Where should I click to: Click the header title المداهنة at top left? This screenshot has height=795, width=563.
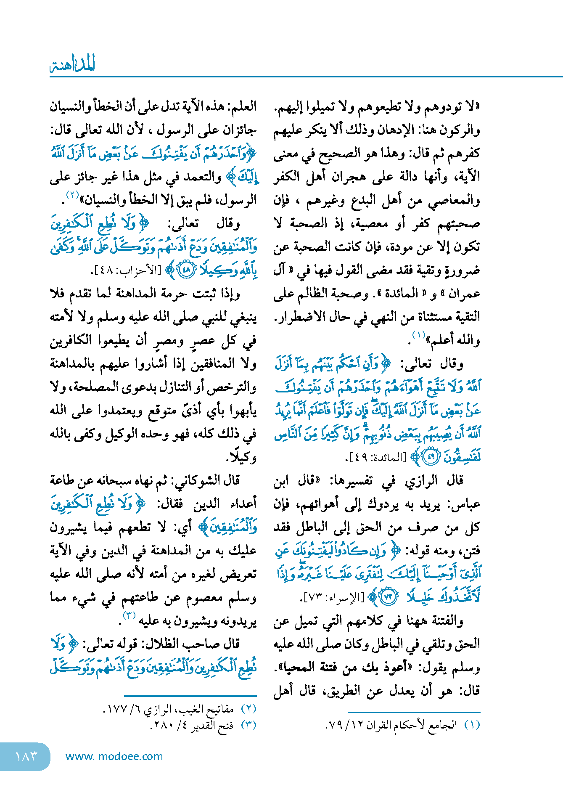pyautogui.click(x=72, y=64)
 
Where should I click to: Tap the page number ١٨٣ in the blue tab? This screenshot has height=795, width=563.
pyautogui.click(x=26, y=756)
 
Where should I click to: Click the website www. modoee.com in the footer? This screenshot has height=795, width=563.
pyautogui.click(x=114, y=756)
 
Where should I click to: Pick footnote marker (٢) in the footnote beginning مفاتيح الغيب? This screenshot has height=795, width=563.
pyautogui.click(x=248, y=709)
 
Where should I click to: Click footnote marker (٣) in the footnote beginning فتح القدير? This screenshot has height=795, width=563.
pyautogui.click(x=248, y=725)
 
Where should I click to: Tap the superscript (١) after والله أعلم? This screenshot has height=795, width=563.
pyautogui.click(x=418, y=335)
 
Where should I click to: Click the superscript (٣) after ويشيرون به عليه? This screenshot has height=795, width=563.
pyautogui.click(x=129, y=615)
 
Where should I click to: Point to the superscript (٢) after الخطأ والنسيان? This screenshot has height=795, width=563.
pyautogui.click(x=72, y=195)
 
